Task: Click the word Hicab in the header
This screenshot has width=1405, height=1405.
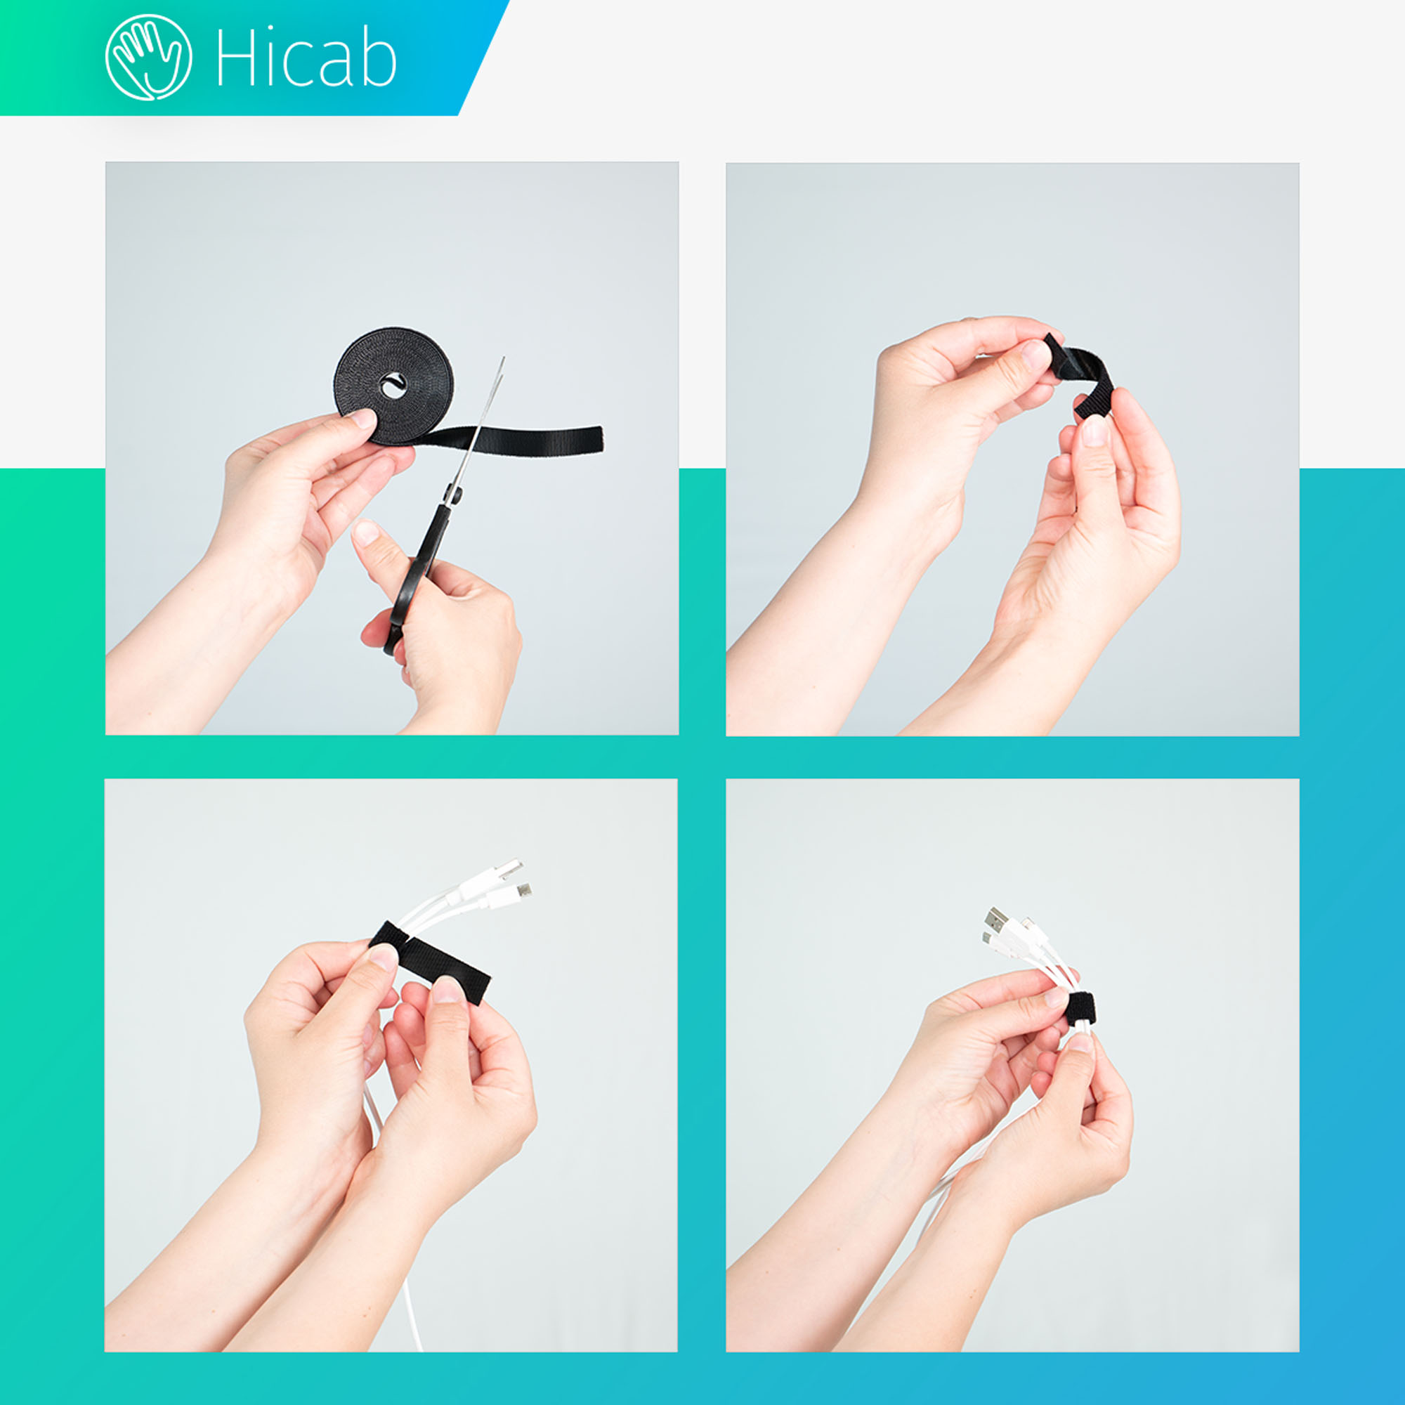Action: pyautogui.click(x=306, y=58)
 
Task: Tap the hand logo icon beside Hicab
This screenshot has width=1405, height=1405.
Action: pyautogui.click(x=149, y=58)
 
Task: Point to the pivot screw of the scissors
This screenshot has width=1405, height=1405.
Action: pyautogui.click(x=454, y=495)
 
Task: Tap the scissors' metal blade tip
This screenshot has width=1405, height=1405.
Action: pyautogui.click(x=502, y=359)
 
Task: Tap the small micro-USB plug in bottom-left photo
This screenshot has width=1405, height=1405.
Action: pyautogui.click(x=521, y=891)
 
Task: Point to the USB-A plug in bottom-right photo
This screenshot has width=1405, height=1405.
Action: pyautogui.click(x=997, y=920)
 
